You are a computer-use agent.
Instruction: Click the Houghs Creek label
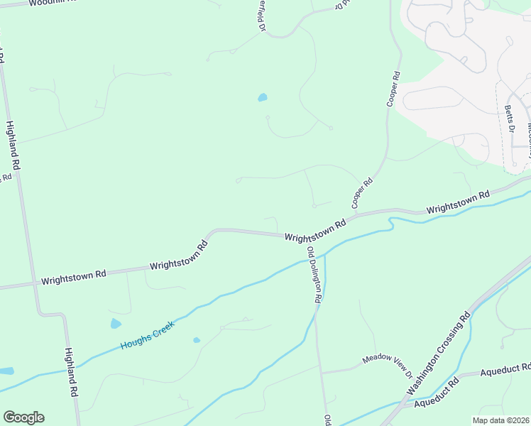point(147,335)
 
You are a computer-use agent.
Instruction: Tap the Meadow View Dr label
point(388,364)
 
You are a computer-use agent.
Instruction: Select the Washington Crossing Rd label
point(439,353)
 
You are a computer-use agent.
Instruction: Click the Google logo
point(23,417)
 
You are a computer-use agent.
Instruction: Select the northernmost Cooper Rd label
point(393,89)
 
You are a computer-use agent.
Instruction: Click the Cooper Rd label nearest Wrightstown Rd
point(363,193)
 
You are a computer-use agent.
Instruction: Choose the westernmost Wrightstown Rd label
point(73,276)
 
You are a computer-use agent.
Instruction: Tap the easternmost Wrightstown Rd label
point(458,203)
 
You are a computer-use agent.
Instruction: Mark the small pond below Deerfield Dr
point(263,97)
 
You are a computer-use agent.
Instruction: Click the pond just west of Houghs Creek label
point(116,324)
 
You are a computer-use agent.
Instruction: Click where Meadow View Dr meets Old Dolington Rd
point(321,372)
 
